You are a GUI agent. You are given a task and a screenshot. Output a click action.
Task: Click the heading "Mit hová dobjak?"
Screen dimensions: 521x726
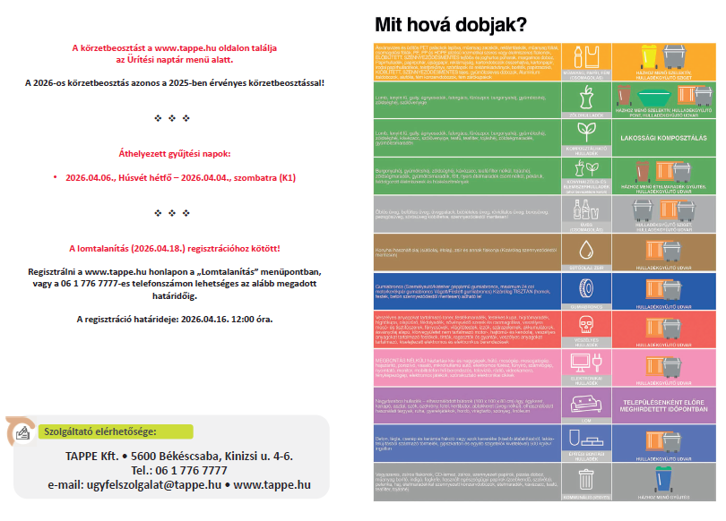click(450, 23)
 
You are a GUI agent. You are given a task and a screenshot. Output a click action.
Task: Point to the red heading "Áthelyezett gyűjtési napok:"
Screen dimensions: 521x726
click(175, 154)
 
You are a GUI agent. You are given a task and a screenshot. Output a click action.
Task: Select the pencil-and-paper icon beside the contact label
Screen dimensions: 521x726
click(22, 432)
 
